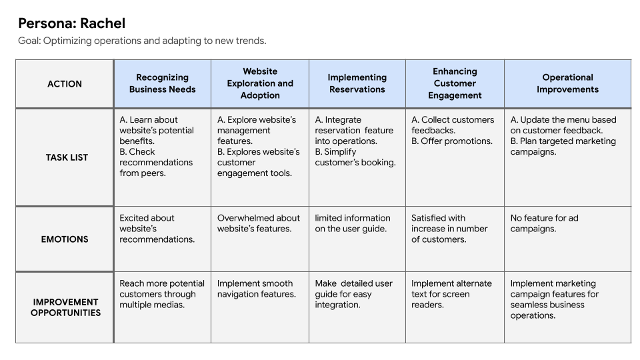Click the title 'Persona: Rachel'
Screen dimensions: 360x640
(71, 23)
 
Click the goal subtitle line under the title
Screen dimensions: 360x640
(142, 41)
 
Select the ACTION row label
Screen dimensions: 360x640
(65, 84)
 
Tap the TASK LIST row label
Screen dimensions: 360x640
(67, 157)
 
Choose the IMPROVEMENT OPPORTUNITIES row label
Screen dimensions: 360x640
(65, 307)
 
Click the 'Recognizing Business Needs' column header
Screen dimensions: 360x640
(163, 83)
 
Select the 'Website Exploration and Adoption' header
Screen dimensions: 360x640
(260, 83)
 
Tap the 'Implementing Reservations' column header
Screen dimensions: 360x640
(357, 83)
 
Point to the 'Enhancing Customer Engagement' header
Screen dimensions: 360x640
(455, 83)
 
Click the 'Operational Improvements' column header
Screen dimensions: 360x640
(567, 83)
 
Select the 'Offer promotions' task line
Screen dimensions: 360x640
(452, 141)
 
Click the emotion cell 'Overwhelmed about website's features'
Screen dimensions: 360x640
(259, 223)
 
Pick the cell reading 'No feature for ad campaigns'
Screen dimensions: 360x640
(543, 223)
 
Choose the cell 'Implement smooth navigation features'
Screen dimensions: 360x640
(256, 289)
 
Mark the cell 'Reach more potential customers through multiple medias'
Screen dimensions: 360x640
(162, 294)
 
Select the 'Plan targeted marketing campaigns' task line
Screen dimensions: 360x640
(563, 147)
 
